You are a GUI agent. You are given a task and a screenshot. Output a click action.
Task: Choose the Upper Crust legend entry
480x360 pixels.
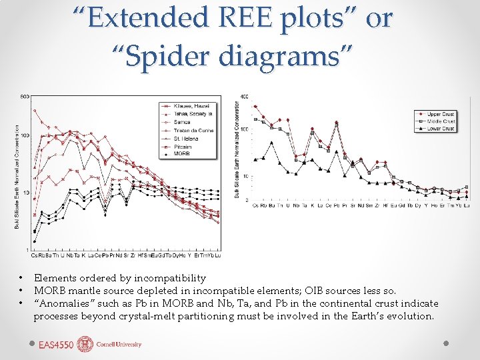441,114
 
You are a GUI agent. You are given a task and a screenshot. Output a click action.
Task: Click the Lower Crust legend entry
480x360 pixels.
441,128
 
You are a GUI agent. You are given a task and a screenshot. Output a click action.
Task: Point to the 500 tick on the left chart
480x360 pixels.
25,97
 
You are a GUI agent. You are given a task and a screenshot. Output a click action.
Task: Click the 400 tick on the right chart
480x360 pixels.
244,97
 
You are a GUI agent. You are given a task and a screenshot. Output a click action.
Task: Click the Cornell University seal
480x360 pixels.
85,344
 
